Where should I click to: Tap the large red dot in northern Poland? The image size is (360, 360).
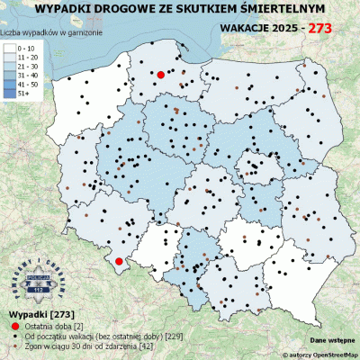(160, 75)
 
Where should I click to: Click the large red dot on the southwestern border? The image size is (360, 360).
(118, 262)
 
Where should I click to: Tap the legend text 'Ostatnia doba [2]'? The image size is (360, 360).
(53, 324)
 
